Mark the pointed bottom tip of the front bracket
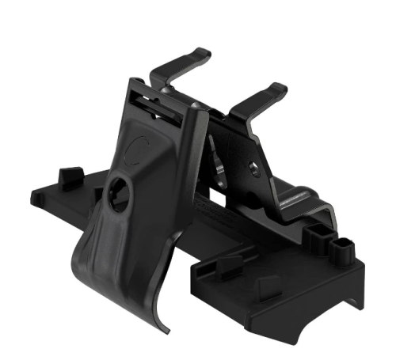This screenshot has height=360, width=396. click(x=168, y=327)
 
